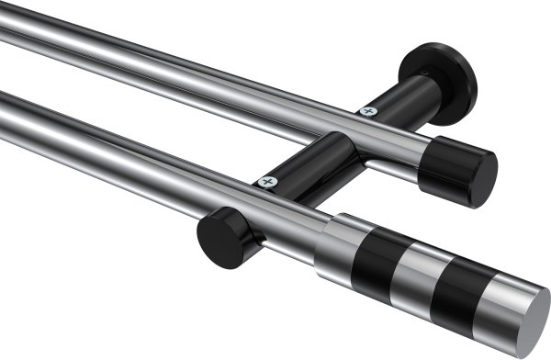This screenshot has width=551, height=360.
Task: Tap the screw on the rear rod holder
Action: [x=368, y=112]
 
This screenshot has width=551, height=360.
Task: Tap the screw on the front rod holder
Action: [x=268, y=182]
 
